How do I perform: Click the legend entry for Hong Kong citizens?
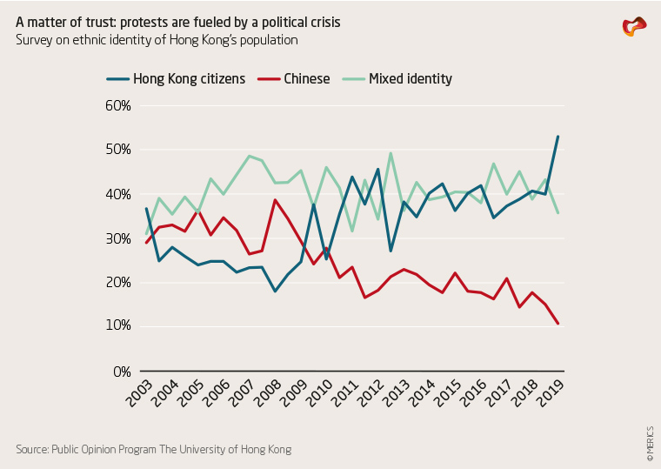[189, 78]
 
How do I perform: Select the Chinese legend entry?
[306, 78]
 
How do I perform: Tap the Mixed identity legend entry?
[410, 78]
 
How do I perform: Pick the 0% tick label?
[121, 372]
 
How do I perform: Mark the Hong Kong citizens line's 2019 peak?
[558, 137]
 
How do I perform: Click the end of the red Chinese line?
[558, 325]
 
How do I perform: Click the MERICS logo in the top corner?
[634, 27]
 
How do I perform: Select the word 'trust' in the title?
[93, 21]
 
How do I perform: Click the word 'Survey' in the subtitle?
[35, 40]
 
